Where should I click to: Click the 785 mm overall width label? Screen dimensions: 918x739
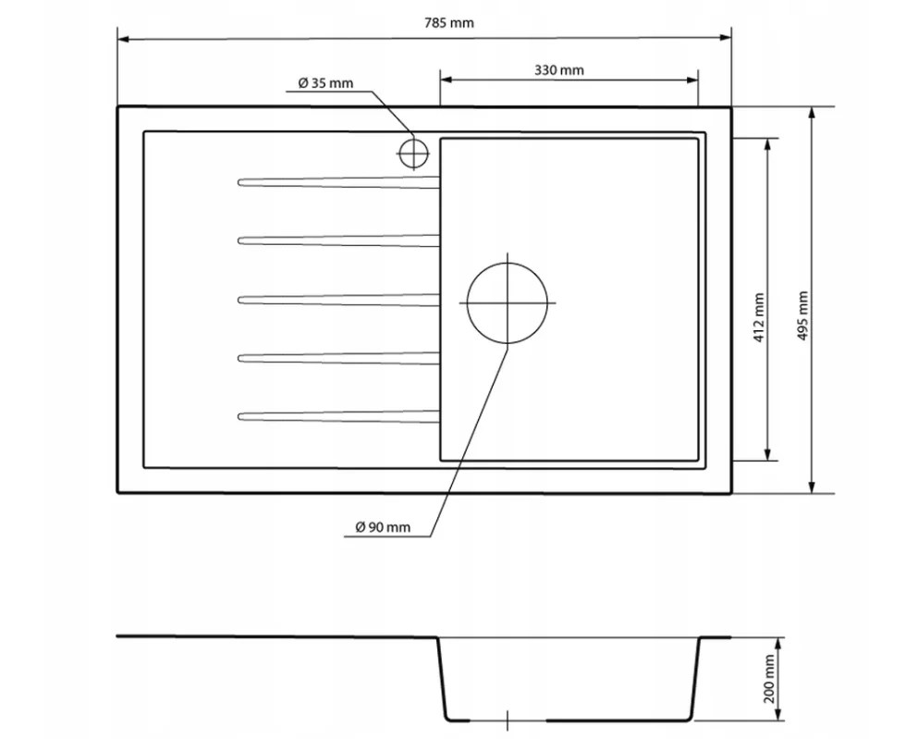448,23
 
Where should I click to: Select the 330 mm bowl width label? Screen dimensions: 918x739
559,70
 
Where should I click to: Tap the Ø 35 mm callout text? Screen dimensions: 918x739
325,83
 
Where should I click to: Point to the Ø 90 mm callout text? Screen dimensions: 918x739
383,527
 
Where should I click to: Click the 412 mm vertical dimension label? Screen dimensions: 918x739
759,318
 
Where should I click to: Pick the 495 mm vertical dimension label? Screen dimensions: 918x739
802,316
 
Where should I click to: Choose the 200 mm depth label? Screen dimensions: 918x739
769,679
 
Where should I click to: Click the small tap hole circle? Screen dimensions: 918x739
413,141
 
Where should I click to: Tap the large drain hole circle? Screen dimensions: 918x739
507,263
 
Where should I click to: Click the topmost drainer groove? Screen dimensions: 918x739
338,182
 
